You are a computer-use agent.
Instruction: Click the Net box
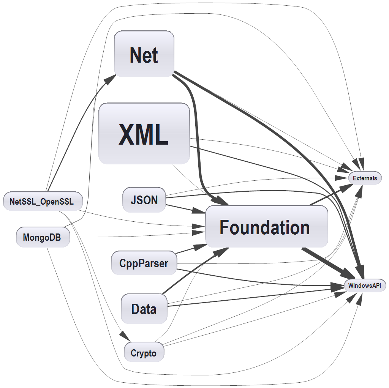[x=144, y=54]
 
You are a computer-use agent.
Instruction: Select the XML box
[x=144, y=134]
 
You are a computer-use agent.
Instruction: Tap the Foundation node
[x=266, y=227]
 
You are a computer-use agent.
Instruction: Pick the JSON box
[x=144, y=200]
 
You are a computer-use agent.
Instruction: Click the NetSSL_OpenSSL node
[x=42, y=201]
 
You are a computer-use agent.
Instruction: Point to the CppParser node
[x=144, y=263]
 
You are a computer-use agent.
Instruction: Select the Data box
[x=144, y=309]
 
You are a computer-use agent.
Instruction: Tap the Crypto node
[x=144, y=353]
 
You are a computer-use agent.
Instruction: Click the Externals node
[x=365, y=178]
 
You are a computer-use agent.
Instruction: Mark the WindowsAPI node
[x=365, y=285]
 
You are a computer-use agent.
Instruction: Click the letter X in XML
[x=127, y=134]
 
